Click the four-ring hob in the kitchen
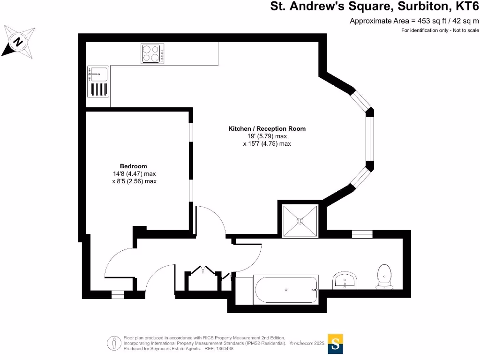[152, 53]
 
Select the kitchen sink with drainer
[97, 81]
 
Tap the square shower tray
[300, 220]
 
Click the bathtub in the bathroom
[286, 289]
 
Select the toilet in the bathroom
[385, 277]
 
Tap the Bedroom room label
[134, 166]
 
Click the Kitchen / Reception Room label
[267, 128]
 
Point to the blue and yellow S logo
[335, 343]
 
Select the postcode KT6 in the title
[467, 7]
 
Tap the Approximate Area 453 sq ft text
[414, 21]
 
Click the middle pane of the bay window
[369, 139]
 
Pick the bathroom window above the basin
[362, 234]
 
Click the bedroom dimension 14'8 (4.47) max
[134, 174]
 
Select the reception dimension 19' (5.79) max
[267, 136]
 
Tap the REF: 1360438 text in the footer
[218, 349]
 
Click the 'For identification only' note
[440, 30]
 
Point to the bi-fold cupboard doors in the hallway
[202, 270]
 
